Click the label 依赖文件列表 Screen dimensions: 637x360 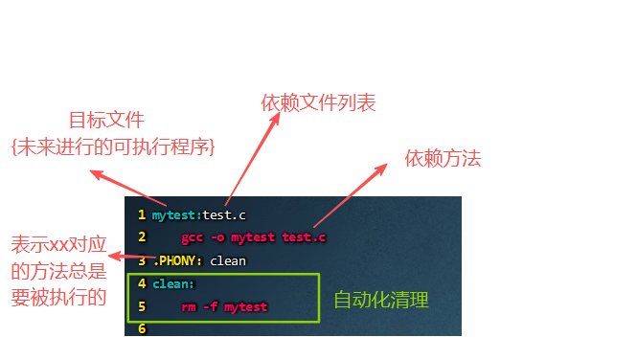tap(318, 102)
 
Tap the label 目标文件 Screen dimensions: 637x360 tap(107, 120)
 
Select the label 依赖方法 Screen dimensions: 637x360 tap(443, 158)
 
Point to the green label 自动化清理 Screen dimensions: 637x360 tap(381, 300)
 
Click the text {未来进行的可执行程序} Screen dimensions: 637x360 tap(113, 146)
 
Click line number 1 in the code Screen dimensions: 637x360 tap(142, 214)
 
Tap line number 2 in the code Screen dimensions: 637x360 tap(142, 236)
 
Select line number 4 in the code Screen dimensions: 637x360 tap(142, 283)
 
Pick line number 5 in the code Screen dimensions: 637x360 tap(142, 306)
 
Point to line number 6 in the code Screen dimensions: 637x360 tap(142, 328)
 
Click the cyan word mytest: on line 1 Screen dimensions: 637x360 tap(177, 215)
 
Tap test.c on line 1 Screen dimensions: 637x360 tap(224, 215)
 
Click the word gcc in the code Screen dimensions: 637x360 tap(193, 237)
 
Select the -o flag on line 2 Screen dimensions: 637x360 tap(217, 237)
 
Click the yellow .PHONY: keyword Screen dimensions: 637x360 tap(178, 260)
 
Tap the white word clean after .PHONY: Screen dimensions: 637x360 tap(228, 261)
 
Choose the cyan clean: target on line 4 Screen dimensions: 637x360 tap(173, 283)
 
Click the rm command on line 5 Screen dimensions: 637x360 tap(189, 307)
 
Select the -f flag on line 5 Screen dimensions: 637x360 tap(211, 306)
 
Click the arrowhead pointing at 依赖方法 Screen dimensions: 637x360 tap(382, 168)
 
